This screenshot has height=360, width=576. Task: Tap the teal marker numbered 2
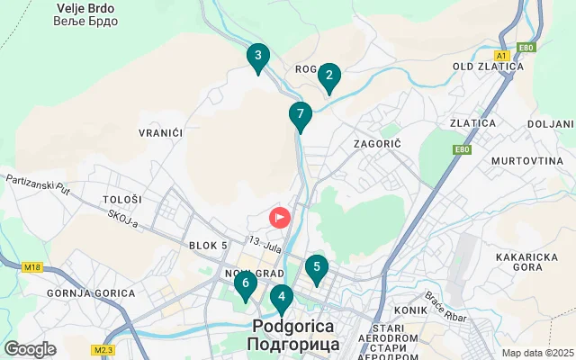coord(328,77)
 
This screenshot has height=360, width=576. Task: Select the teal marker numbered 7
coord(300,115)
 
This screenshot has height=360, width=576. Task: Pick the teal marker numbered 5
coord(315,267)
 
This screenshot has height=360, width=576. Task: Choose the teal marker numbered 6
coord(245,284)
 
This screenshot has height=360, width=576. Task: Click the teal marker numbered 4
coord(282,296)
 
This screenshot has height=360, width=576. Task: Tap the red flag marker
coord(280,217)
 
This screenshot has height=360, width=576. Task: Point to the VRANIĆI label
coord(161,132)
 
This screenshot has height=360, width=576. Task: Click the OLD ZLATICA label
coord(488,67)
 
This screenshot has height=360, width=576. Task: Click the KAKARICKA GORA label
coord(531,261)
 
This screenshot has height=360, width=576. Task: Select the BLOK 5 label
coord(209,245)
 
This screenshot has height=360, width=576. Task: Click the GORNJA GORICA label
coord(92,293)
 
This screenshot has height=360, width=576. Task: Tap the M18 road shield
coord(34,266)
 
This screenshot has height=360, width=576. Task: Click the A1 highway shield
coord(502,56)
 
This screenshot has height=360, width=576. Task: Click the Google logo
coord(31,348)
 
